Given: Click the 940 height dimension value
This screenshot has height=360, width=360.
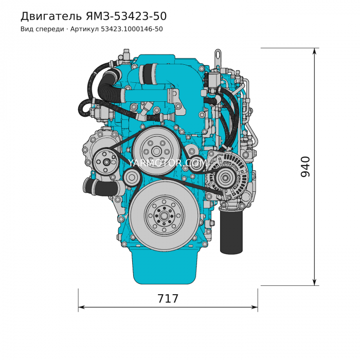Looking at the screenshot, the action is coord(305,167).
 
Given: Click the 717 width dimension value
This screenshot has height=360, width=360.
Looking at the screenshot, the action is coord(168,299).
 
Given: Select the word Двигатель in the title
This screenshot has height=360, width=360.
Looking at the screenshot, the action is coord(51,16).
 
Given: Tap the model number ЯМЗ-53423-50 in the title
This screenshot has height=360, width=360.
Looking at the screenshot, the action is coord(127,16).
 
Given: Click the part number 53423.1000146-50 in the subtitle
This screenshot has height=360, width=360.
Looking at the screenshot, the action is coord(132,29).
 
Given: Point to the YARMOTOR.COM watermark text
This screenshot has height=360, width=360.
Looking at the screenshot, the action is coord(167,163).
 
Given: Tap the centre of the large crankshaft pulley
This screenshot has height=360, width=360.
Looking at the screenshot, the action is coord(164,216).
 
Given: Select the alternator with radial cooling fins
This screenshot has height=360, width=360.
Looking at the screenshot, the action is coord(226,177).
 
